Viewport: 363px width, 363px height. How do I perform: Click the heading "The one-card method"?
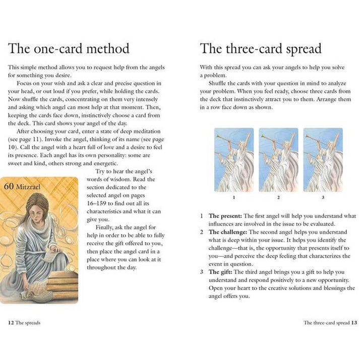pyautogui.click(x=69, y=49)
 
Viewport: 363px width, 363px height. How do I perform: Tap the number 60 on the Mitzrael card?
pyautogui.click(x=9, y=187)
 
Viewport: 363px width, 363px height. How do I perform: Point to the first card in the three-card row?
pyautogui.click(x=233, y=160)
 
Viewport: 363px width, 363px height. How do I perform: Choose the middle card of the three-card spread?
pyautogui.click(x=278, y=160)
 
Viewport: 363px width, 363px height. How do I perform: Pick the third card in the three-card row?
pyautogui.click(x=323, y=160)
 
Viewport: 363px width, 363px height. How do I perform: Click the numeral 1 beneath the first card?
pyautogui.click(x=233, y=198)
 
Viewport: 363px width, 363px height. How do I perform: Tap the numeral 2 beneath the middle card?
pyautogui.click(x=278, y=198)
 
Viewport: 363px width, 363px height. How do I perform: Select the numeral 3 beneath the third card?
pyautogui.click(x=323, y=198)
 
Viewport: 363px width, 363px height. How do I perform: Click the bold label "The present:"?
pyautogui.click(x=225, y=216)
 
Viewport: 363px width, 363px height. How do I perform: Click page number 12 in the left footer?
pyautogui.click(x=11, y=323)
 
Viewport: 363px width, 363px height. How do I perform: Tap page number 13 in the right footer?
pyautogui.click(x=354, y=323)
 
